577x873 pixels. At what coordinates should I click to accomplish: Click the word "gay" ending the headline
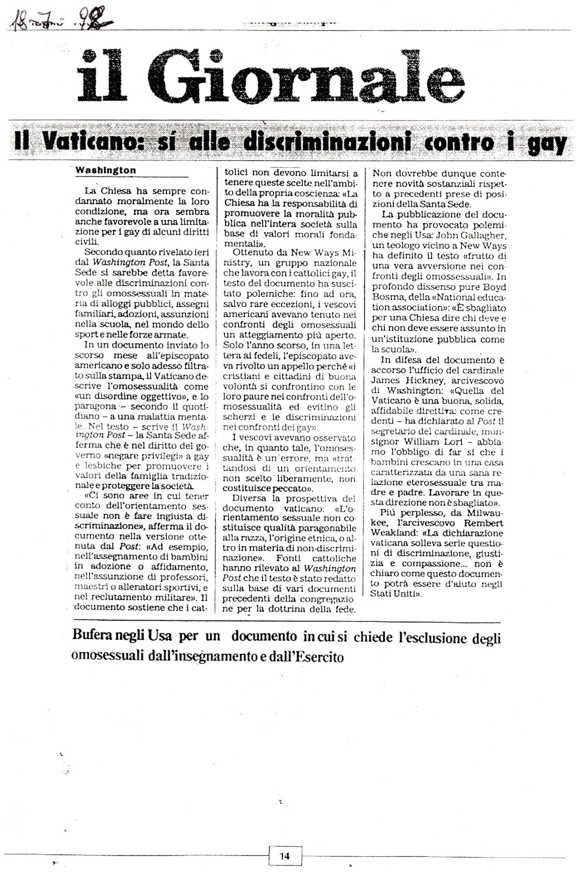click(x=546, y=144)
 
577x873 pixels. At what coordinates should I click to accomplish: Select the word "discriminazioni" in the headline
click(x=324, y=143)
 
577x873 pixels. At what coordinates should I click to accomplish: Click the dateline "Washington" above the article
click(x=106, y=171)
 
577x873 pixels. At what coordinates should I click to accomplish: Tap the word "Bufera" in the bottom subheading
click(x=92, y=638)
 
